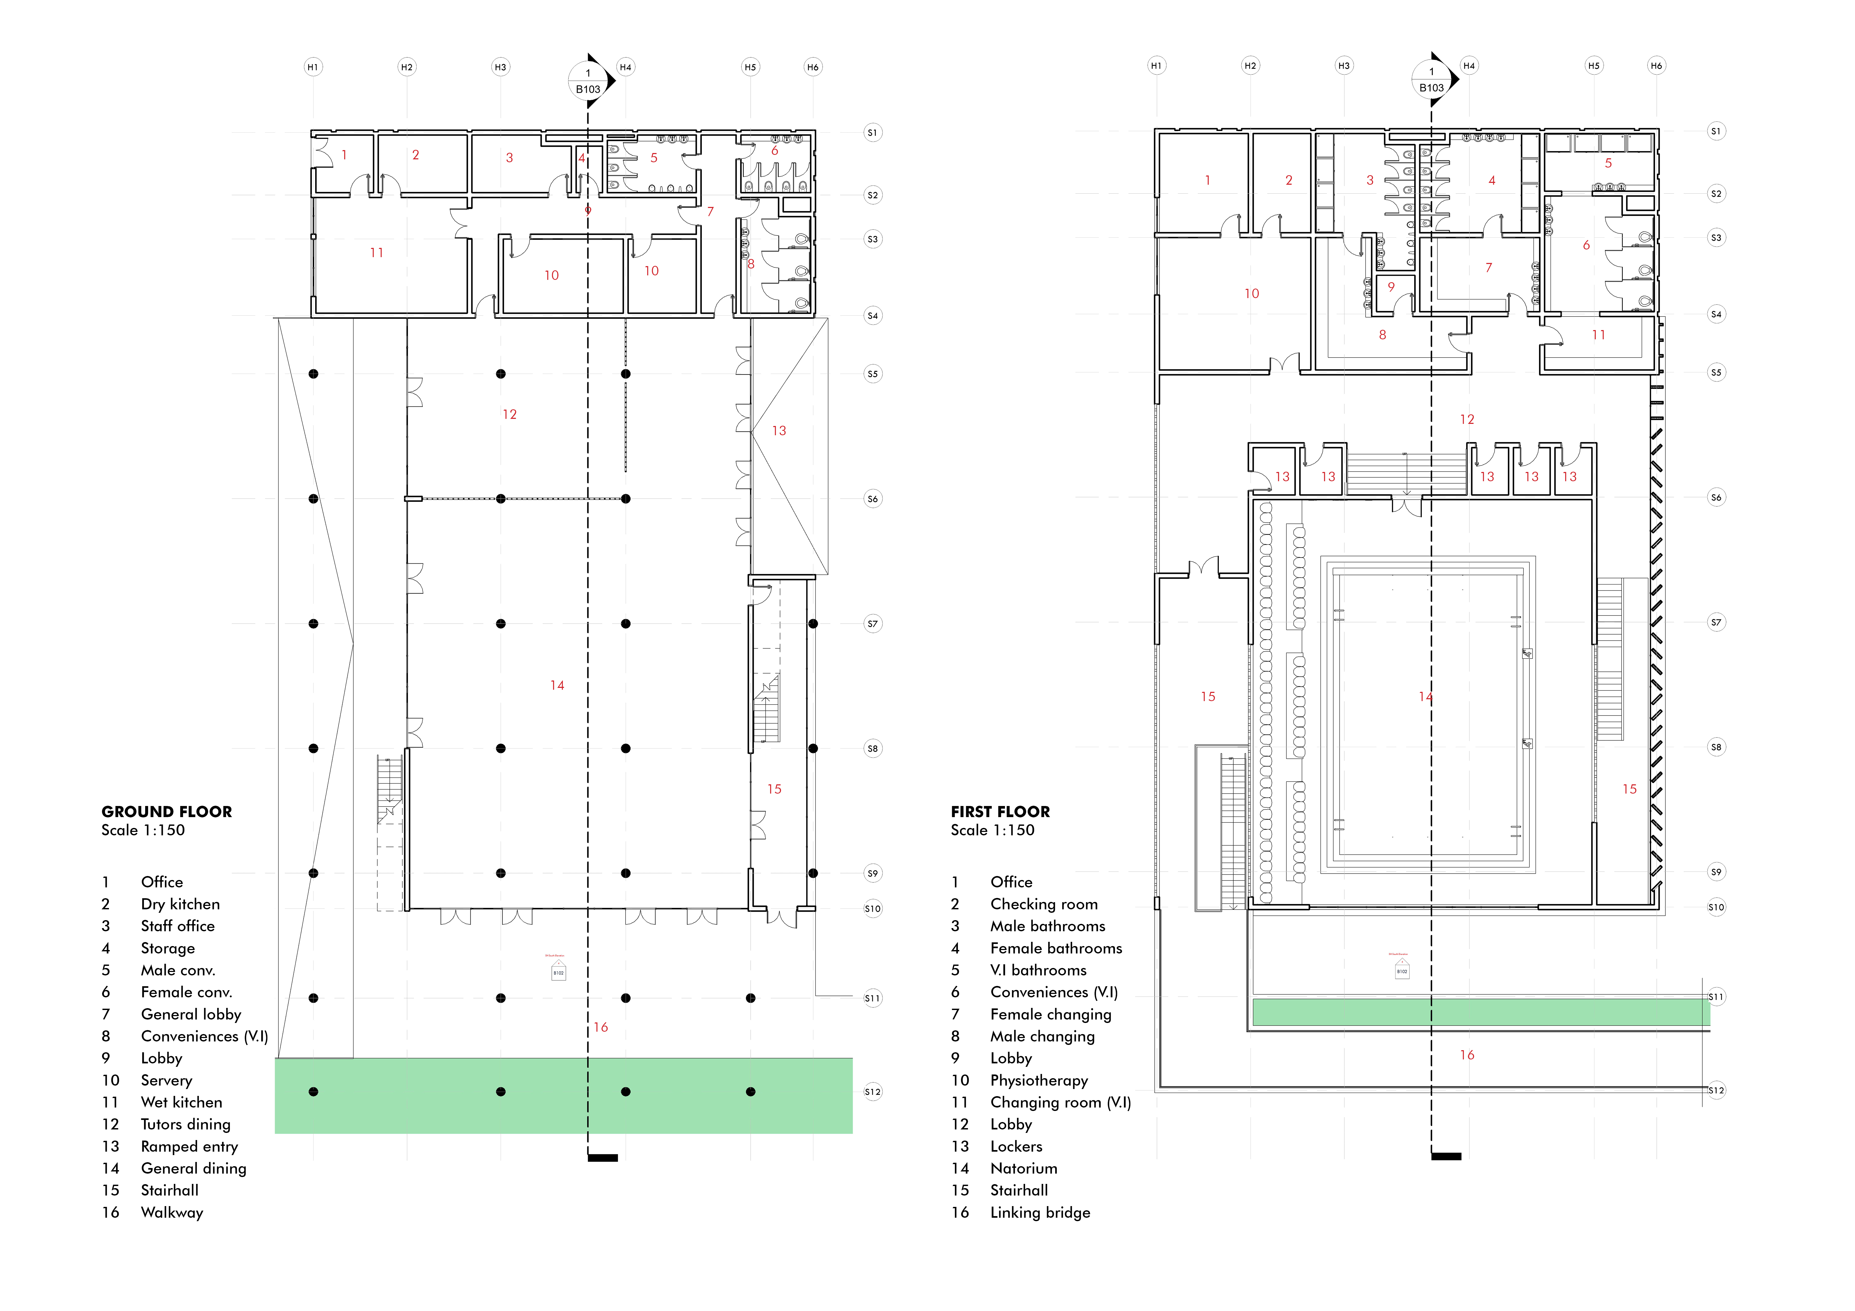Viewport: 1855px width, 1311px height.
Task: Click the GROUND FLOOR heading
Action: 166,812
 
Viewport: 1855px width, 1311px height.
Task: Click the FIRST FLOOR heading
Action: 1000,812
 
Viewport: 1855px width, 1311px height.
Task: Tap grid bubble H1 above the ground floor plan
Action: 313,67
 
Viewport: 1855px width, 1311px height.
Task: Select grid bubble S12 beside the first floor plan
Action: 1716,1091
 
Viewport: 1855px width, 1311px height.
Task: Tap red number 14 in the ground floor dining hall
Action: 557,685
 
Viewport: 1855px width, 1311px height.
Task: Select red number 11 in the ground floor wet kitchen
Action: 376,253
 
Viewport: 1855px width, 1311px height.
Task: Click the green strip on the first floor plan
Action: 1480,1012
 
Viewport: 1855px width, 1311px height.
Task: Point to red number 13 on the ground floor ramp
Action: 779,430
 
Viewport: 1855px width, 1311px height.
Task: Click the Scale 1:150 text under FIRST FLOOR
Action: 992,830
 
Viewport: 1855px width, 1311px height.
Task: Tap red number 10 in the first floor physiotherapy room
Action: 1251,293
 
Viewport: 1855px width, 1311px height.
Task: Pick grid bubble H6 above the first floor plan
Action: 1656,66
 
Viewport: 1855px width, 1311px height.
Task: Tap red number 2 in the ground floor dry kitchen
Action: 415,155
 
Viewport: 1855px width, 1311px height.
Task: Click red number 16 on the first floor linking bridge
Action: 1466,1055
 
